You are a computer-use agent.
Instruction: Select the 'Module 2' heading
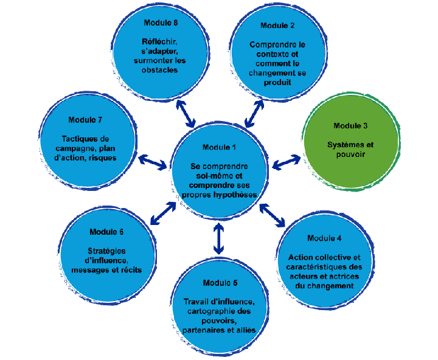[277, 26]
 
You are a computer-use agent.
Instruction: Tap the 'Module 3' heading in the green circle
[350, 126]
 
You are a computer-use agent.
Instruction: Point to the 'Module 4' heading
[324, 238]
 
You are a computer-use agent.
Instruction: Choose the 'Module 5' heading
[220, 283]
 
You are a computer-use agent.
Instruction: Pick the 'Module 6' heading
[106, 232]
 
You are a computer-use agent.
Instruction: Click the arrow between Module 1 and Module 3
[286, 162]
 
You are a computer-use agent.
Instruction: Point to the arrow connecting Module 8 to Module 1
[186, 112]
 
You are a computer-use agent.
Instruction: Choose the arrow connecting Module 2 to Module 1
[254, 112]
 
